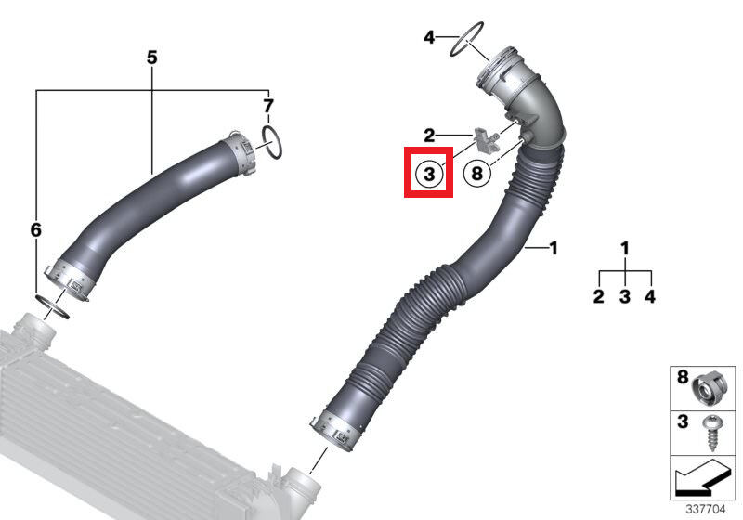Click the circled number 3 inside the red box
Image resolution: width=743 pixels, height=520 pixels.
[x=427, y=173]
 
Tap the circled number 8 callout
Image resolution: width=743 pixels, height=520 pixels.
[x=476, y=173]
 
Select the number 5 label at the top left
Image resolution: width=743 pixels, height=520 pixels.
[x=151, y=58]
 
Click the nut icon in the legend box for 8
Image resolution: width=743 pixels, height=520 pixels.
[x=708, y=389]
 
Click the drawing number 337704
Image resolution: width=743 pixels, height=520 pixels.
[x=704, y=509]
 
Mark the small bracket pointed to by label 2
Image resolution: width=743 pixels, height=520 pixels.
[x=485, y=139]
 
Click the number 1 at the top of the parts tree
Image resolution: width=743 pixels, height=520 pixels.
[x=625, y=248]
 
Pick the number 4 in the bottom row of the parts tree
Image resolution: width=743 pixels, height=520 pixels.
[x=651, y=296]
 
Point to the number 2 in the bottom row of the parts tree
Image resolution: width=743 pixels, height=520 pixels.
[x=599, y=296]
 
